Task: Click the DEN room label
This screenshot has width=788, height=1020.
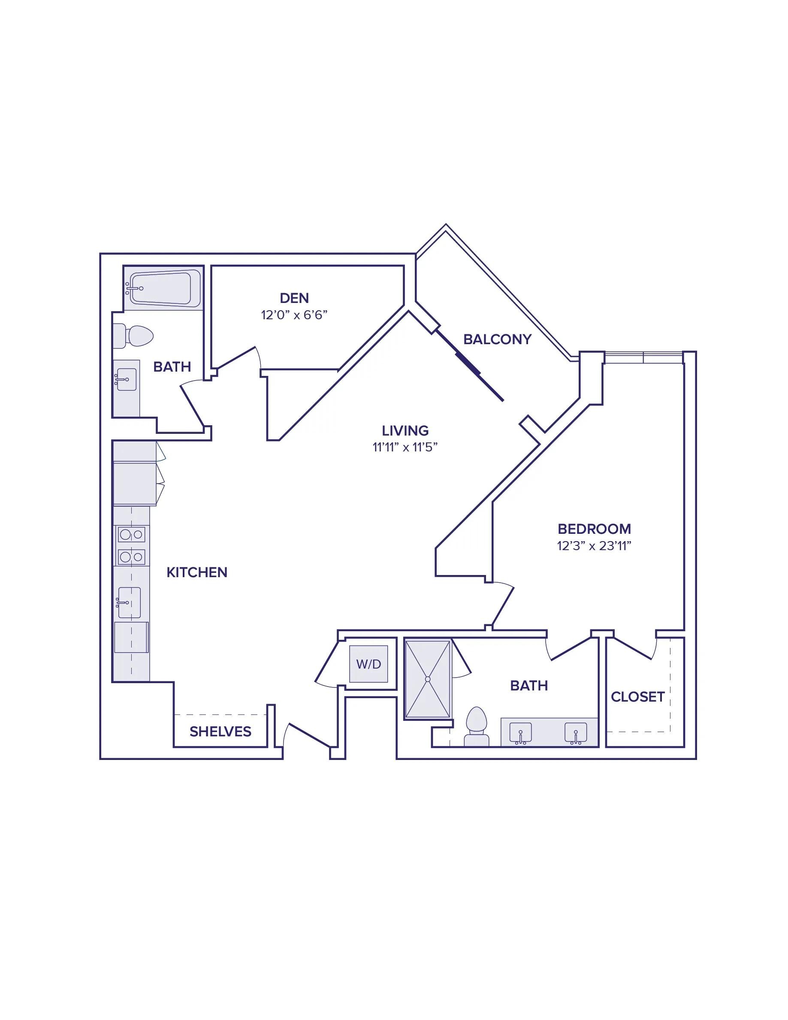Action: (x=294, y=298)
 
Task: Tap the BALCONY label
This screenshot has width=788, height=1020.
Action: (x=497, y=339)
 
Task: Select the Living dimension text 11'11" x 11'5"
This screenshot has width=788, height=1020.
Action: (x=405, y=447)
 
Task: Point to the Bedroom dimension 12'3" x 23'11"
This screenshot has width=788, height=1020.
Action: (x=594, y=545)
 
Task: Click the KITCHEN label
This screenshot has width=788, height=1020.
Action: (x=197, y=572)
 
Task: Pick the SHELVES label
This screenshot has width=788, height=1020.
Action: (x=220, y=731)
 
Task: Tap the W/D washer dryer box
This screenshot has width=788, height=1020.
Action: (x=369, y=664)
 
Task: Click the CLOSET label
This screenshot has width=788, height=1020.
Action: (x=638, y=697)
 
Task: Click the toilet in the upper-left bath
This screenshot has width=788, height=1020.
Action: (x=133, y=336)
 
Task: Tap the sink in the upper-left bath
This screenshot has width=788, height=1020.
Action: (x=126, y=380)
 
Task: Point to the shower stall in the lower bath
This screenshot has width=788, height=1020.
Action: (x=428, y=679)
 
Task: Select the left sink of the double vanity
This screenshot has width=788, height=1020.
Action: (x=520, y=733)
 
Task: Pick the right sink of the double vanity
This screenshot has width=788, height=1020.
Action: (x=576, y=733)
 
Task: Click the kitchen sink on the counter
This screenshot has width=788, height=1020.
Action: (x=129, y=602)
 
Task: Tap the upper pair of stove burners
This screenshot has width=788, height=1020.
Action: (x=132, y=534)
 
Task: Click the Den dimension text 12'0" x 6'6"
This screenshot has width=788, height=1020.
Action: (x=294, y=315)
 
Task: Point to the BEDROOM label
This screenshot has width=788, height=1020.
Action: (x=594, y=529)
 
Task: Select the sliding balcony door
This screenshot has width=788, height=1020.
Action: (x=469, y=366)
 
